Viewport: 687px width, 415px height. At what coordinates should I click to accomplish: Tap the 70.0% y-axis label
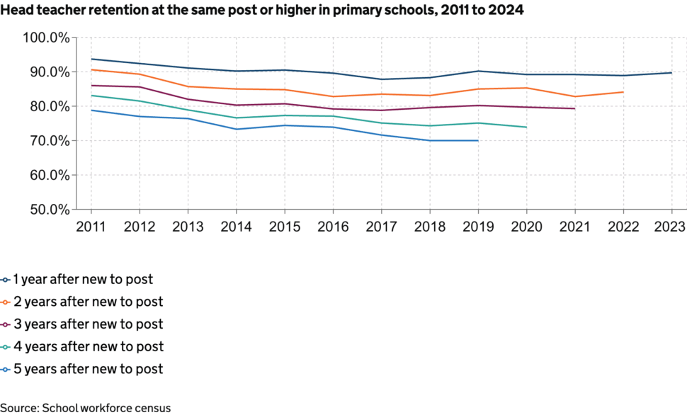[47, 141]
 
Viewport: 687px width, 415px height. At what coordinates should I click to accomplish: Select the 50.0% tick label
[47, 210]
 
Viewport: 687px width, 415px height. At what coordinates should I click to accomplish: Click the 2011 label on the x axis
[91, 227]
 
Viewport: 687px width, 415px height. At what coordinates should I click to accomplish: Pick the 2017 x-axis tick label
[381, 227]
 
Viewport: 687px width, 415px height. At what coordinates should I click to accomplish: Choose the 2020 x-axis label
[526, 227]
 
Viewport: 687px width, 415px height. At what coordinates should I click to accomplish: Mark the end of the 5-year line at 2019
[478, 140]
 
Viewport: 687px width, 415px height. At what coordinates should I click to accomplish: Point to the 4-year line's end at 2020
[526, 127]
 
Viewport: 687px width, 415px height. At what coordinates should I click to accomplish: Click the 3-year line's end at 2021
[574, 108]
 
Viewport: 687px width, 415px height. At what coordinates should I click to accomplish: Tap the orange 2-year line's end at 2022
[623, 92]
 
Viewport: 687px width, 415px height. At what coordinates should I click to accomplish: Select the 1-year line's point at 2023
[671, 73]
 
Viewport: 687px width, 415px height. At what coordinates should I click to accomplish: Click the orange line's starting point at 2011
[91, 69]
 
